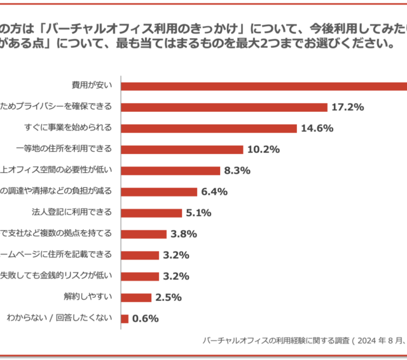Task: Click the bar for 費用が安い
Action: click(264, 86)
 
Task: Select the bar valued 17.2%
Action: click(224, 107)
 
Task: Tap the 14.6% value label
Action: click(317, 128)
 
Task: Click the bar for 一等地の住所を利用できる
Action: click(182, 149)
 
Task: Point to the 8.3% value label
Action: click(237, 170)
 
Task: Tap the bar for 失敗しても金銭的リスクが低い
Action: click(140, 276)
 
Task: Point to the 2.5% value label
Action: click(169, 297)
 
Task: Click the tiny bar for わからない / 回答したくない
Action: click(125, 318)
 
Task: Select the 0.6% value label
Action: click(145, 319)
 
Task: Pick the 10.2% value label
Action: click(264, 149)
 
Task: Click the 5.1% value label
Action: click(198, 213)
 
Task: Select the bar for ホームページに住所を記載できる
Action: click(140, 255)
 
